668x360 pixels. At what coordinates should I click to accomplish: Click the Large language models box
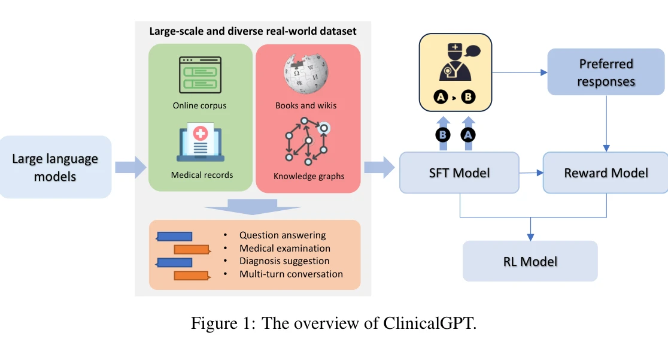[56, 167]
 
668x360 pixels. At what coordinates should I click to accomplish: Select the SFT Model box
[459, 173]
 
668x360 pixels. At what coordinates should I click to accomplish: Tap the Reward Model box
[605, 173]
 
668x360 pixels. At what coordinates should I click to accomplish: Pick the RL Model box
[530, 261]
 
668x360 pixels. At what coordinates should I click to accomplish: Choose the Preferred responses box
[606, 72]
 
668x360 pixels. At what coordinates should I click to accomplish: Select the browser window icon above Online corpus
[200, 74]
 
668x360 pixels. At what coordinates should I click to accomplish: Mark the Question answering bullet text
[283, 235]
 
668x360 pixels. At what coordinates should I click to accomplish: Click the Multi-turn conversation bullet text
[291, 274]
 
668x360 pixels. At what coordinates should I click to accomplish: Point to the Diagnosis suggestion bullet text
[284, 261]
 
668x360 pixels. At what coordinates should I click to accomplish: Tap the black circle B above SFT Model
[442, 135]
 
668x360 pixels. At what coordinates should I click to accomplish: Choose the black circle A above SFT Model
[468, 135]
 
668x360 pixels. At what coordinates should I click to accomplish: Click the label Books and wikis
[306, 106]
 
